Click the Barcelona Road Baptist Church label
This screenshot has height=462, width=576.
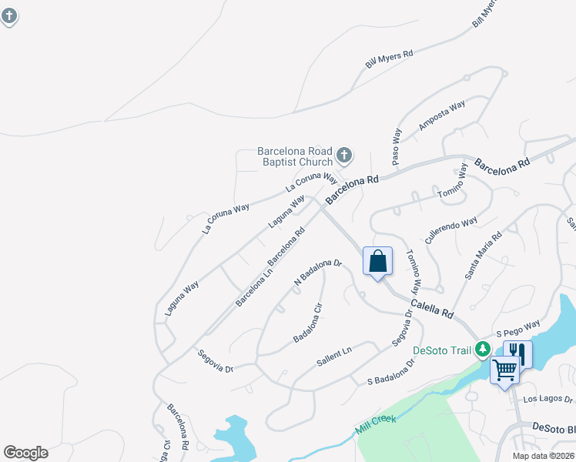coord(295,156)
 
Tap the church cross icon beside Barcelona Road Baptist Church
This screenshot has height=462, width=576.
coord(343,156)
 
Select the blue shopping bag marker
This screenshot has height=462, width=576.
coord(377,262)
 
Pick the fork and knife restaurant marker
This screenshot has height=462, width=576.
coord(518,354)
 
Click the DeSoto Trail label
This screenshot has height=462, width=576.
coord(441,350)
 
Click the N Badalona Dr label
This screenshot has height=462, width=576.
coord(318,272)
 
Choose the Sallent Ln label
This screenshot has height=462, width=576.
coord(333,357)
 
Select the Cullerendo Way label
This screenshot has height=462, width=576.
coord(450,231)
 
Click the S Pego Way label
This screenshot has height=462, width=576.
coord(518,329)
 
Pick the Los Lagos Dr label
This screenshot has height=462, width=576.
coord(548,400)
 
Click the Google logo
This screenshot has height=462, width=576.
coord(25,453)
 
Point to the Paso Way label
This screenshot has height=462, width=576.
coord(397,146)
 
